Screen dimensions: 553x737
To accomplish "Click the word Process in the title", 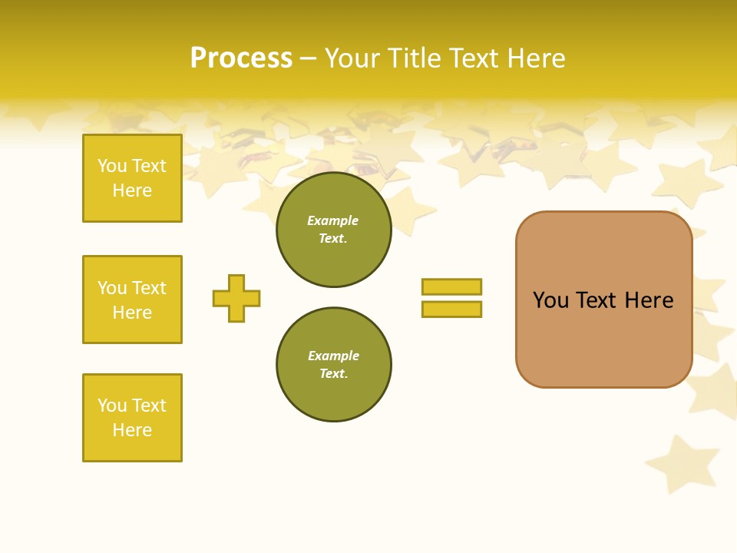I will [x=241, y=58].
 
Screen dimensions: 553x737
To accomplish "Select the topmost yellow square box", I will [x=132, y=178].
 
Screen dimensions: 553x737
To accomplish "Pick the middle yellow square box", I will [x=132, y=300].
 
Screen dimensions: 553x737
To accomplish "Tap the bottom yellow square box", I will [x=132, y=418].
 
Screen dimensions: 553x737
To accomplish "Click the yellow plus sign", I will [x=236, y=298].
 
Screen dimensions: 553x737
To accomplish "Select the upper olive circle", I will [x=333, y=230].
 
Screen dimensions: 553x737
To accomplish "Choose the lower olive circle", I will [x=333, y=365].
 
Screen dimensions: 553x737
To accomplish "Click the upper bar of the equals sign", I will [x=451, y=286].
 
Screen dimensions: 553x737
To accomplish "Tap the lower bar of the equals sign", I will [x=451, y=310].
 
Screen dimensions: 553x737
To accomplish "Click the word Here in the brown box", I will [x=649, y=300].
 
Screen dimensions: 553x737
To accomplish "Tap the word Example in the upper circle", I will [x=333, y=220].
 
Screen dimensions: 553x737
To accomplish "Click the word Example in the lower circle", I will [x=333, y=356].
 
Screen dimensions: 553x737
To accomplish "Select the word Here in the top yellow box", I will [x=132, y=190].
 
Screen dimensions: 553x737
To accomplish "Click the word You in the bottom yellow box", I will [x=112, y=406].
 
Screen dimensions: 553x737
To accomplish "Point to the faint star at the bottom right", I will [x=673, y=462].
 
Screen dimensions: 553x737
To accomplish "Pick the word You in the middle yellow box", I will [x=112, y=288].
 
